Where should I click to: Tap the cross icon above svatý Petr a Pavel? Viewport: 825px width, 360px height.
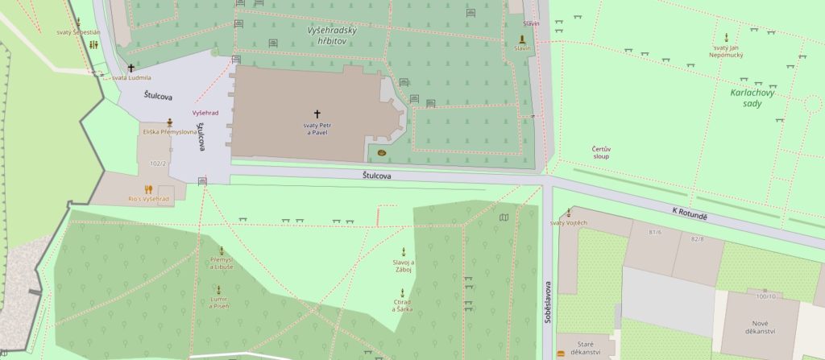coord(317,114)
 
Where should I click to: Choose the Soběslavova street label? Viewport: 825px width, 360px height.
coord(548,300)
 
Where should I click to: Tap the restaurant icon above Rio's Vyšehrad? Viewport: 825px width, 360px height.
coord(148,189)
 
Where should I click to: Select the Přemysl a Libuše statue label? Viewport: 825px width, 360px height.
coord(221,263)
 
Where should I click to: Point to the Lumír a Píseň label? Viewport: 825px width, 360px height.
coord(218,303)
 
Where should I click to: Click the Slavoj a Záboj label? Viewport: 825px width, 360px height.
coord(403,267)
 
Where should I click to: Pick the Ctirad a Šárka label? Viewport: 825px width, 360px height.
coord(402,306)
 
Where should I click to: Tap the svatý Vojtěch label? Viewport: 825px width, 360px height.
coord(568,222)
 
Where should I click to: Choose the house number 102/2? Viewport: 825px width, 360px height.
coord(158,163)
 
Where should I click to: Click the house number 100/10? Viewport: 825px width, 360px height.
coord(765,296)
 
